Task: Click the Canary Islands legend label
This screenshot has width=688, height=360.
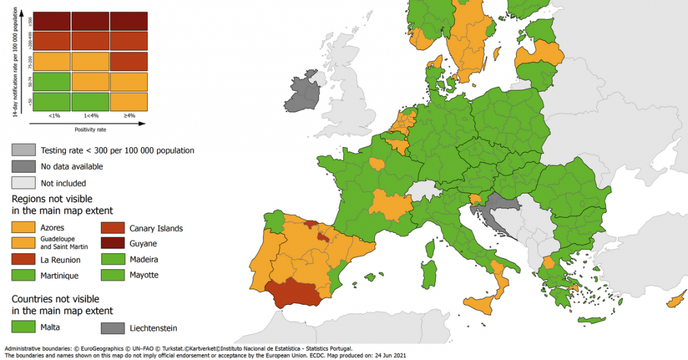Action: [156, 228]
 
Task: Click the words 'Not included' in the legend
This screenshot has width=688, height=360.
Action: [63, 183]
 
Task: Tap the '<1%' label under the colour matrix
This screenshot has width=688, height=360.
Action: [54, 116]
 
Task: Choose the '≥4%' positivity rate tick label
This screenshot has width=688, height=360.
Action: [129, 116]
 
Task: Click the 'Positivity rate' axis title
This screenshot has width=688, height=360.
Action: [90, 128]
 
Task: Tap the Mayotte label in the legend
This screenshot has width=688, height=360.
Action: [144, 275]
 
